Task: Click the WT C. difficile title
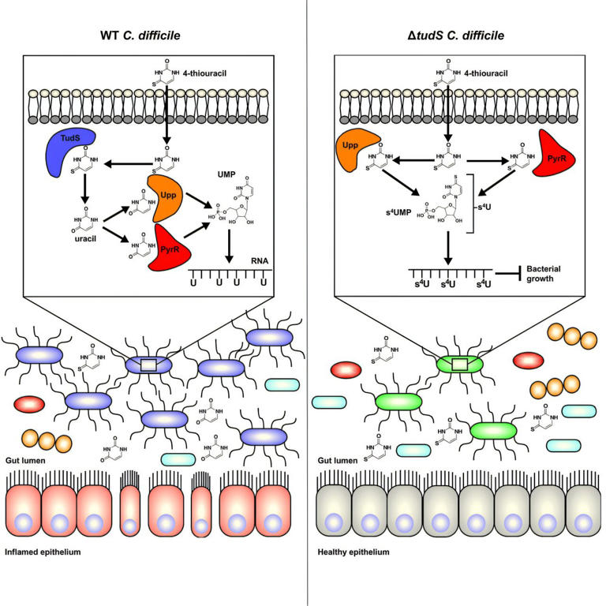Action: point(150,36)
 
